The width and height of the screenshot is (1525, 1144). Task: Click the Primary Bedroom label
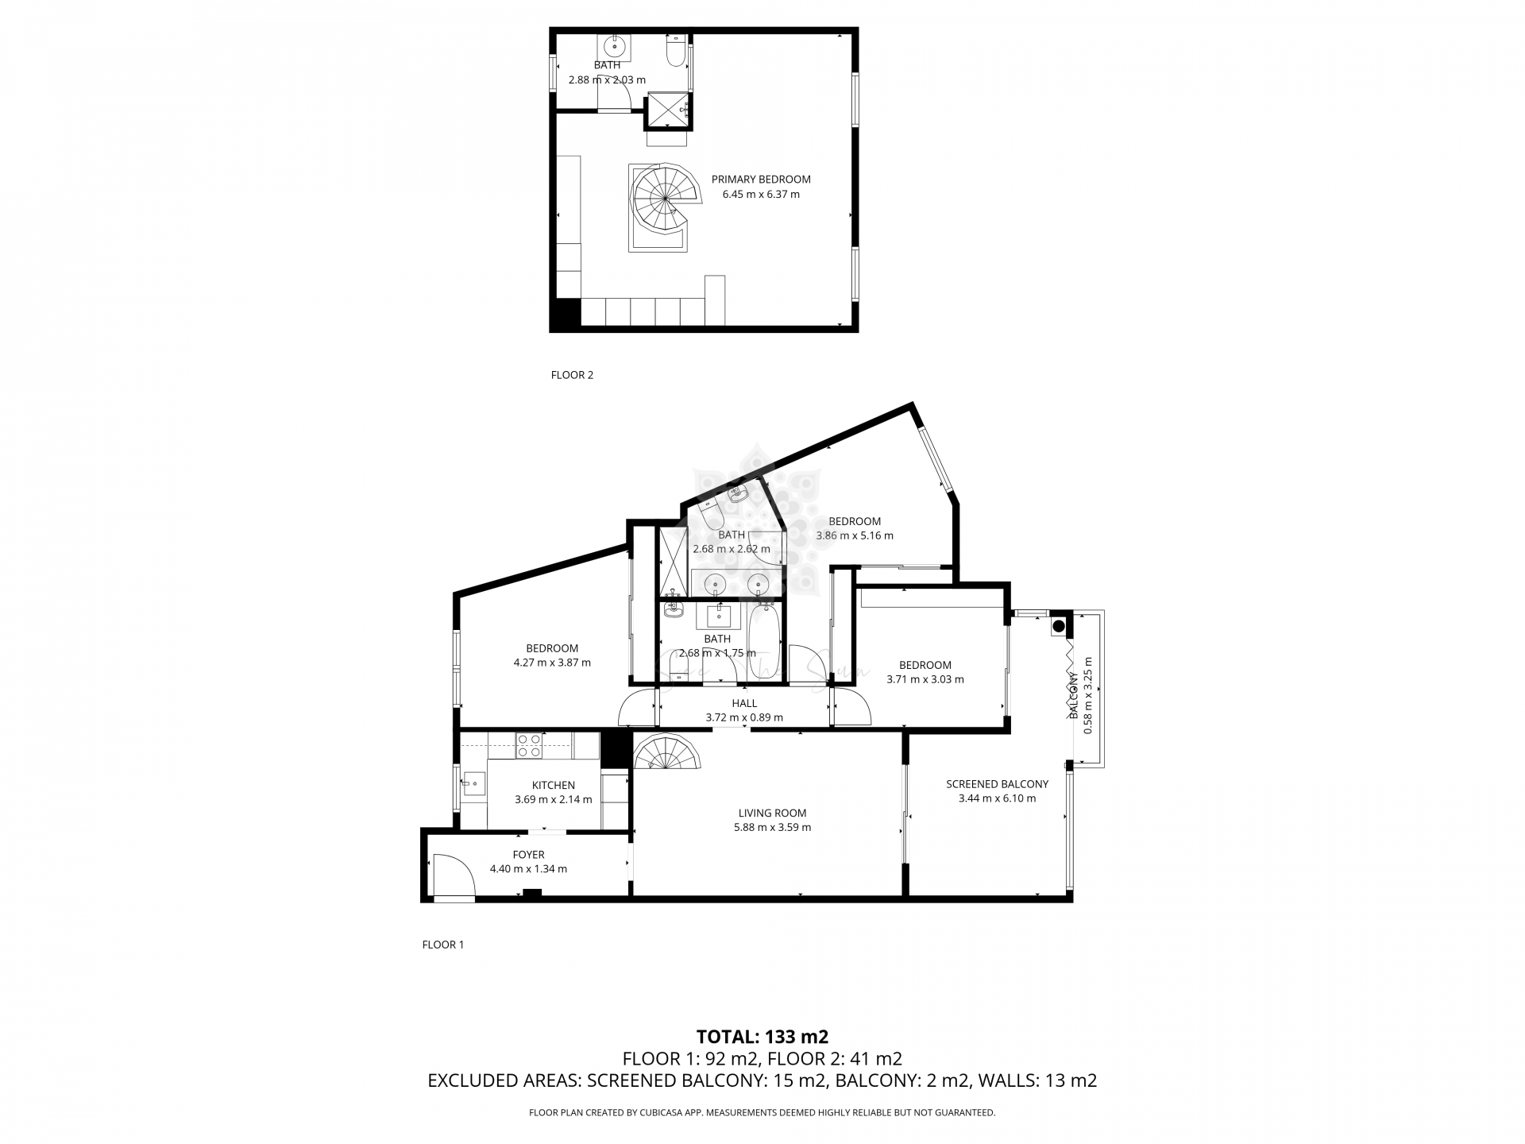(x=760, y=180)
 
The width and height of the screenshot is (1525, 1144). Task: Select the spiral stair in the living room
(x=666, y=752)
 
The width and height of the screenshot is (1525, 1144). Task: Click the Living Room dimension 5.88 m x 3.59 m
(x=772, y=827)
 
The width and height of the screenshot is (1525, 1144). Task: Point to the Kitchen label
(x=553, y=785)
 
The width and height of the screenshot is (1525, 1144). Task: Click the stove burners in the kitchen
(x=529, y=745)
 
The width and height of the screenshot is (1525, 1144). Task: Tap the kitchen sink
(x=473, y=784)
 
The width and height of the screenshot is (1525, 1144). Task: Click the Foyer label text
(x=528, y=855)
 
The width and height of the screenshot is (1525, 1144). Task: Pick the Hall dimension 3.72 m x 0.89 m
(x=743, y=717)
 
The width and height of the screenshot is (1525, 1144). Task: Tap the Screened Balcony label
(x=997, y=784)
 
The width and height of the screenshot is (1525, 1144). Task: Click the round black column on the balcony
(x=1059, y=626)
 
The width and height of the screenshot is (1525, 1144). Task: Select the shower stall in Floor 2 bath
(x=667, y=110)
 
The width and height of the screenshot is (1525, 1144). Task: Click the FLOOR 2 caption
(x=572, y=375)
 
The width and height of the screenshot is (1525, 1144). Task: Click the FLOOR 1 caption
(x=442, y=945)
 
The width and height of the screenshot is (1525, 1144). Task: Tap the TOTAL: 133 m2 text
(x=762, y=1036)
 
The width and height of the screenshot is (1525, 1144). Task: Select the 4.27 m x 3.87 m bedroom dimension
(x=552, y=663)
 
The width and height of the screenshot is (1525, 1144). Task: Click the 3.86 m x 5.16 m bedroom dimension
(x=855, y=535)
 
